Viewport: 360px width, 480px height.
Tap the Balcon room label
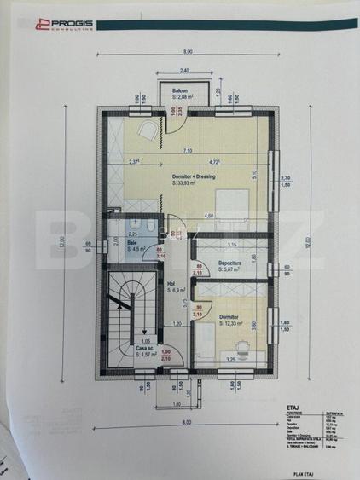coord(180,91)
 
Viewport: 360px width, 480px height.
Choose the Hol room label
coord(171,285)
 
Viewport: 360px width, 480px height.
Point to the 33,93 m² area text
coord(186,183)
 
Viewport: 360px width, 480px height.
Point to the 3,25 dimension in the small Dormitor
coord(230,360)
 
